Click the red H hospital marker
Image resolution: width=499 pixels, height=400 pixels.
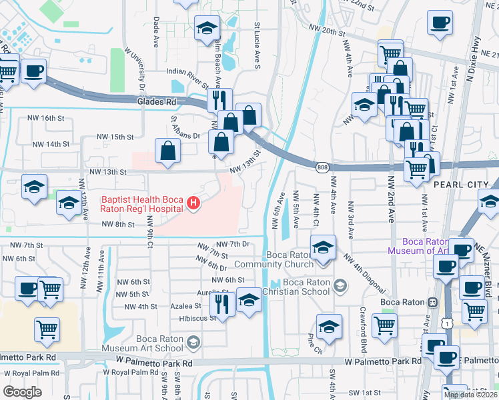pos(193,204)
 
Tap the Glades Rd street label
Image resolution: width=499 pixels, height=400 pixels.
pos(155,102)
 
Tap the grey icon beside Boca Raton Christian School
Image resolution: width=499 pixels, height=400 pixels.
pos(340,287)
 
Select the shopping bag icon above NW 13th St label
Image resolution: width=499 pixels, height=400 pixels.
pos(167,151)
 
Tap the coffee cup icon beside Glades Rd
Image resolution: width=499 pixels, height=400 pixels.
pos(33,71)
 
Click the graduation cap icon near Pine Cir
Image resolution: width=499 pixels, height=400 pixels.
pos(329,327)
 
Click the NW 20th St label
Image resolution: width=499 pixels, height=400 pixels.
pos(327,31)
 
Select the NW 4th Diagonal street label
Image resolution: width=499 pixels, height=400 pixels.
pos(364,273)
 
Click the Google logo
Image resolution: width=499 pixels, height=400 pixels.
pos(22,392)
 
